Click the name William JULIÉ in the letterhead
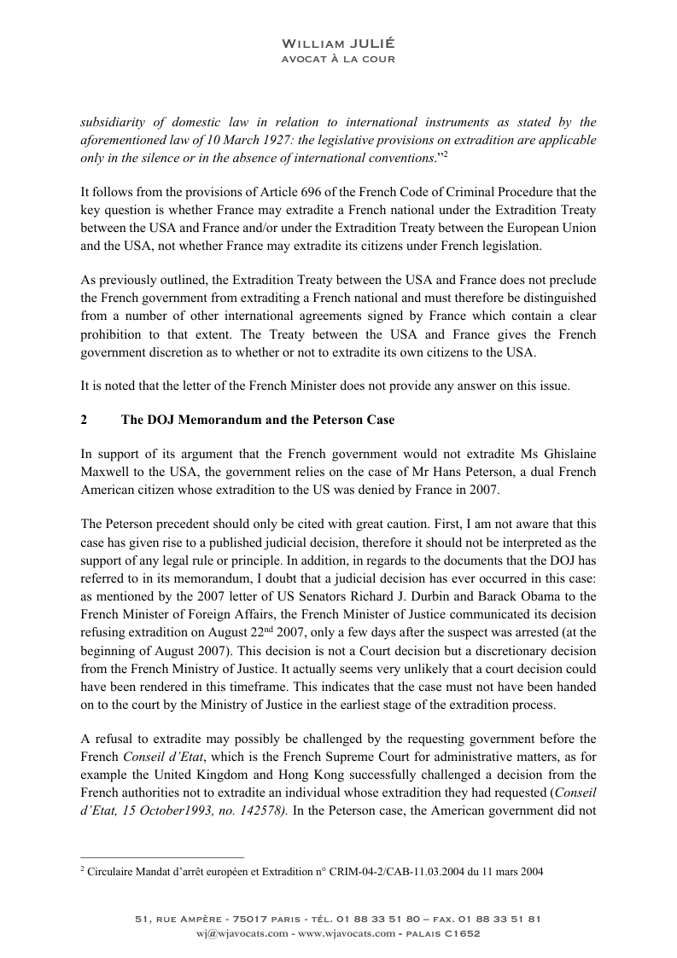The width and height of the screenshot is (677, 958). click(x=338, y=44)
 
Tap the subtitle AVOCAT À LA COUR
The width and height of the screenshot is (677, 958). click(x=338, y=59)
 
